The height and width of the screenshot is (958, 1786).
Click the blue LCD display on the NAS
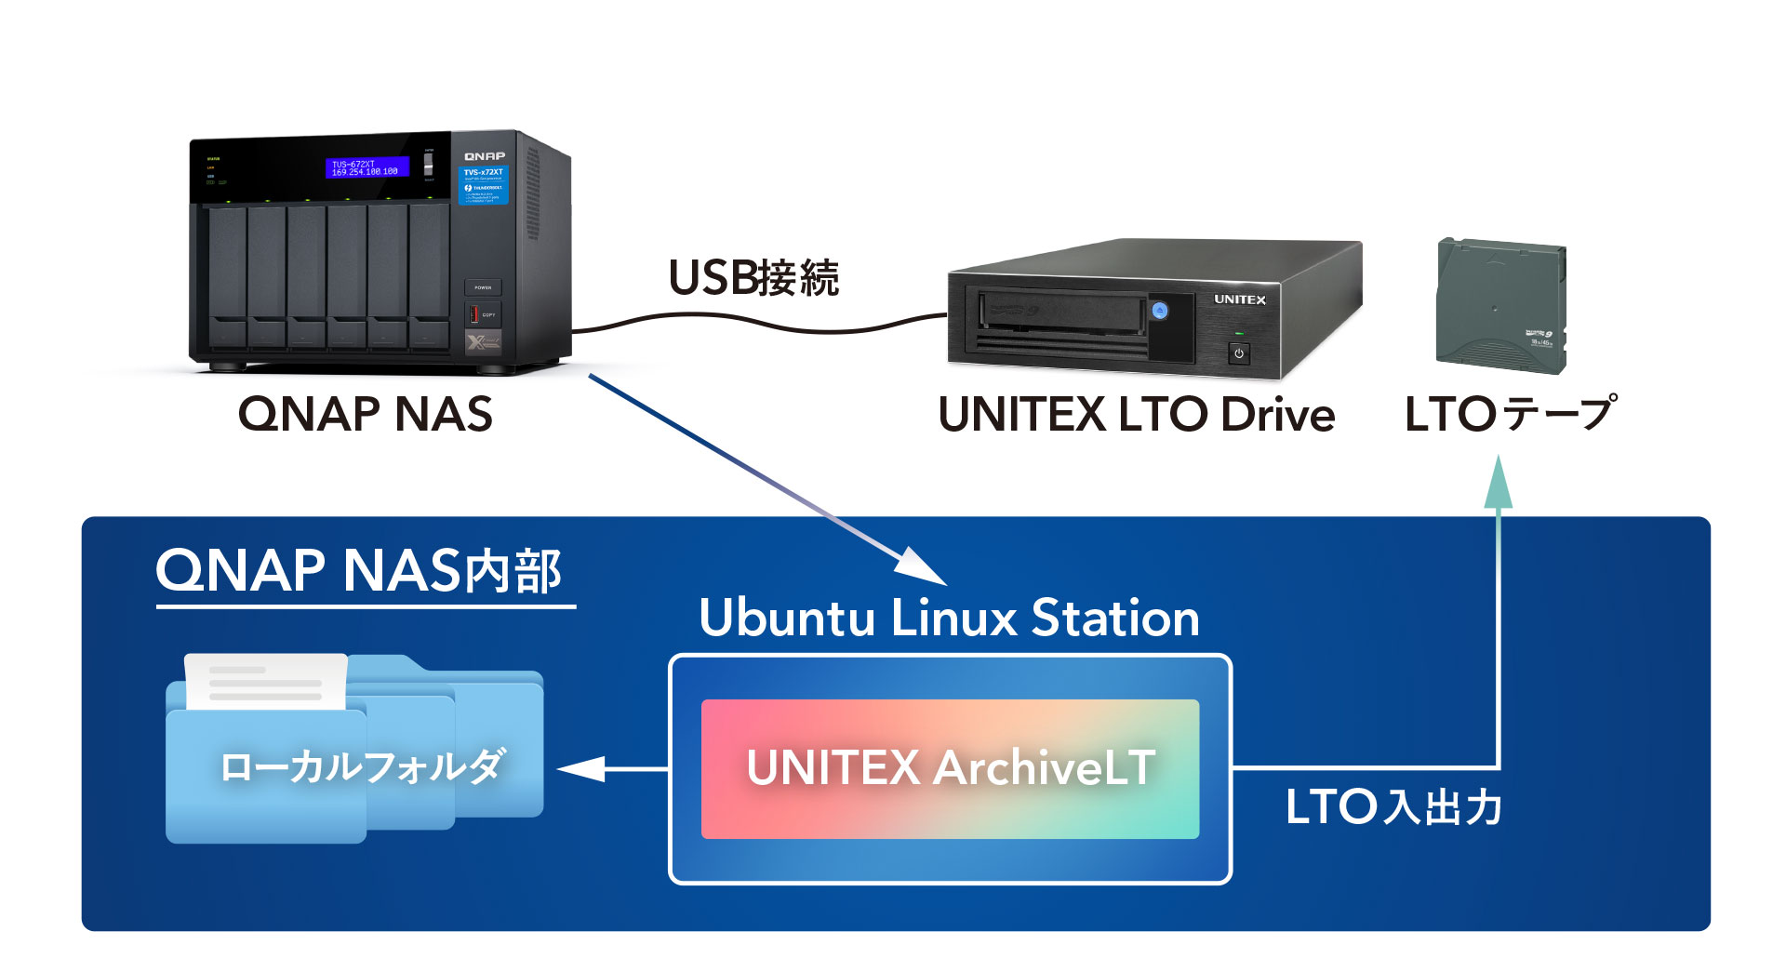point(367,168)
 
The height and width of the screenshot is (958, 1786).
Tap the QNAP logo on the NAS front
point(485,155)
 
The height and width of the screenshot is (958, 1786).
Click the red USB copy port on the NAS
point(474,314)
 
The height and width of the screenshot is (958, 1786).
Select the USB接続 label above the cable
point(753,277)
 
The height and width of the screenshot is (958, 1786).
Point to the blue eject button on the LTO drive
point(1159,311)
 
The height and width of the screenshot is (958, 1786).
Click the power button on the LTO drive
point(1238,353)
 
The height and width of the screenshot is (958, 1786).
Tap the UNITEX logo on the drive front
point(1239,299)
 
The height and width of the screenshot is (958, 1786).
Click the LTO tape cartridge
point(1500,307)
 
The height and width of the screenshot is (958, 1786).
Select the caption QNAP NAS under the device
point(365,414)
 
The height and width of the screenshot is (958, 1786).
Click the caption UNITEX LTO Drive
point(1136,415)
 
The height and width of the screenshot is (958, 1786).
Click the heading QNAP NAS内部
point(359,570)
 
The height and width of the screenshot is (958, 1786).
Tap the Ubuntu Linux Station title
point(949,618)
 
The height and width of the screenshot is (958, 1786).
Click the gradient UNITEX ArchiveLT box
point(950,768)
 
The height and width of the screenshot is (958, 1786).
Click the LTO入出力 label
point(1393,806)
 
